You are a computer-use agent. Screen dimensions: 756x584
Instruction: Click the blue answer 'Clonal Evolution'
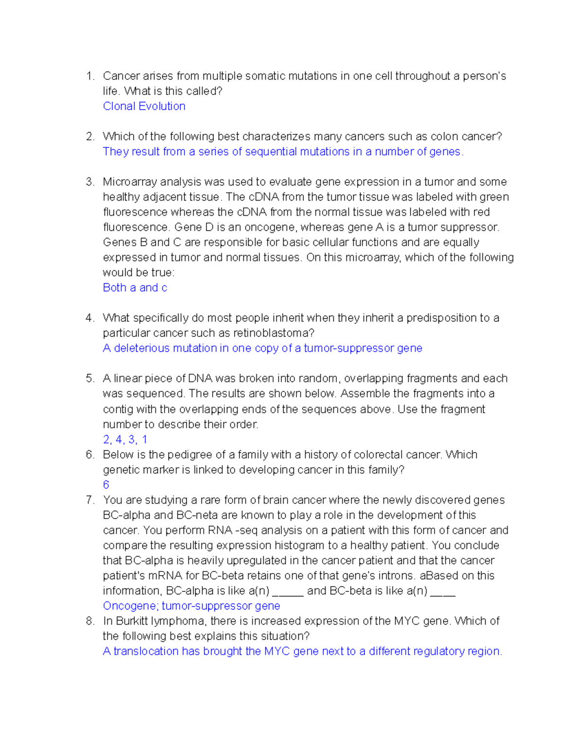pyautogui.click(x=144, y=106)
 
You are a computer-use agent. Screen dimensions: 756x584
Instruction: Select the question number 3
pyautogui.click(x=90, y=182)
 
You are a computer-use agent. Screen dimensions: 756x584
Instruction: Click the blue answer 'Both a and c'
pyautogui.click(x=135, y=288)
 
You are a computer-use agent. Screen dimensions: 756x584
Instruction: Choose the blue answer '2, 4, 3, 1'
pyautogui.click(x=125, y=440)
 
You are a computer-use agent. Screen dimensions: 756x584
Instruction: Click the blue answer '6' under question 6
pyautogui.click(x=106, y=485)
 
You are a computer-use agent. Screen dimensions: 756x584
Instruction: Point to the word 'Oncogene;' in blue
pyautogui.click(x=130, y=606)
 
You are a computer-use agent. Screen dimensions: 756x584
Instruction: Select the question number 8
pyautogui.click(x=90, y=621)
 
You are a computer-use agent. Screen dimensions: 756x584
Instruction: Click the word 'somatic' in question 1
pyautogui.click(x=265, y=76)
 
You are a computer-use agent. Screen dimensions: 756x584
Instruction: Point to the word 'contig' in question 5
pyautogui.click(x=118, y=409)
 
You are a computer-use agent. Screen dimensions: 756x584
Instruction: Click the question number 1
pyautogui.click(x=89, y=76)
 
